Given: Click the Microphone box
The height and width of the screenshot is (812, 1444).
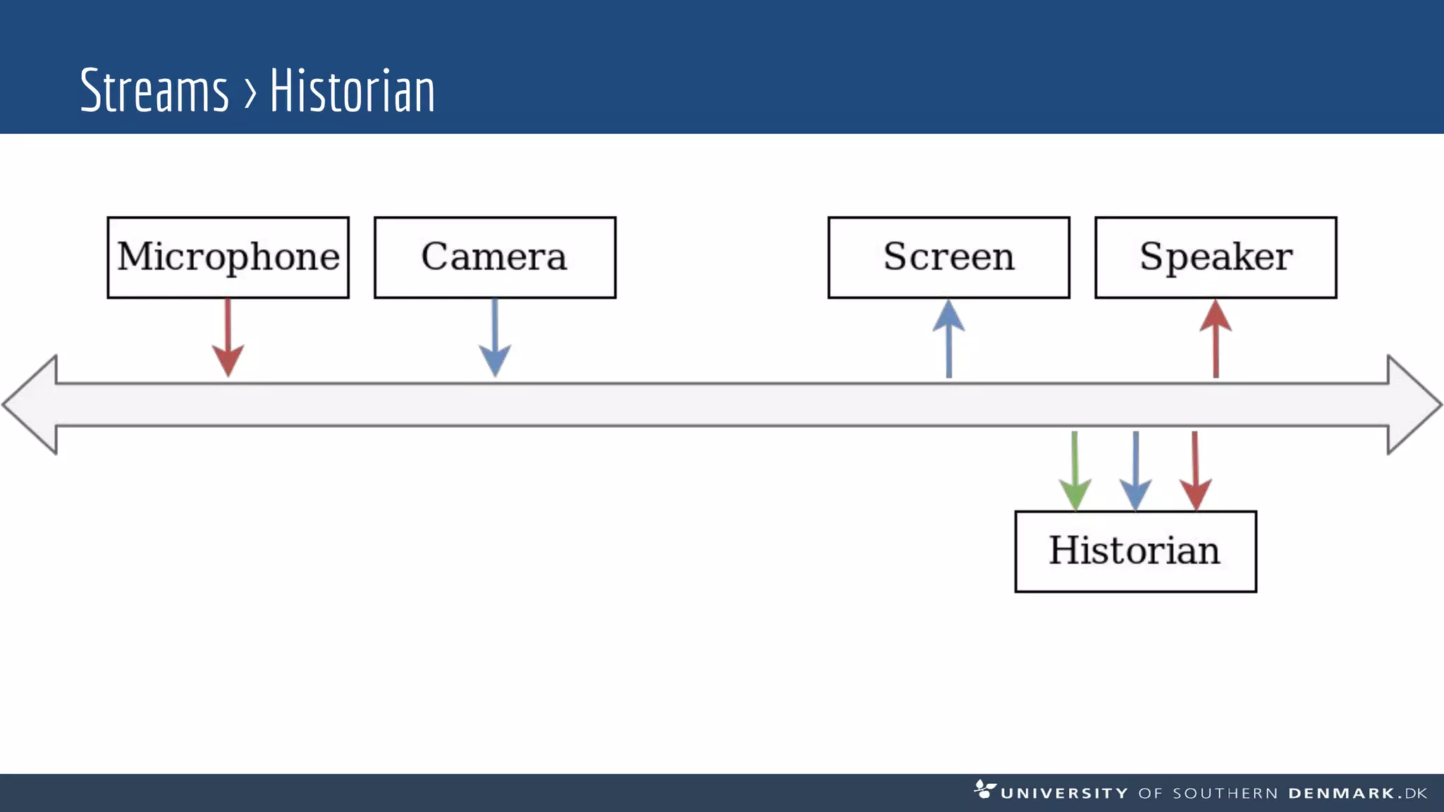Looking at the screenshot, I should (228, 257).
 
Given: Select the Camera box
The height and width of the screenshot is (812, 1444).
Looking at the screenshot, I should (495, 257).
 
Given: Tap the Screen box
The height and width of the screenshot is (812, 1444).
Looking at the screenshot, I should (948, 257).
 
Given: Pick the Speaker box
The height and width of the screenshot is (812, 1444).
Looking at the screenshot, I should (1216, 257).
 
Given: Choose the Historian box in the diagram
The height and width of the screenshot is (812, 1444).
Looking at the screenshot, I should (1135, 551).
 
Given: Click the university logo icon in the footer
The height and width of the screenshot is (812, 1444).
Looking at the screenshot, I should (984, 789).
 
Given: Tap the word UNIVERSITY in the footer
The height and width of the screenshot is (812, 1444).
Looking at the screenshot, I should (1064, 794).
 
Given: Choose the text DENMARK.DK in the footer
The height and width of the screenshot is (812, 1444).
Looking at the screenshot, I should (1357, 794).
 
